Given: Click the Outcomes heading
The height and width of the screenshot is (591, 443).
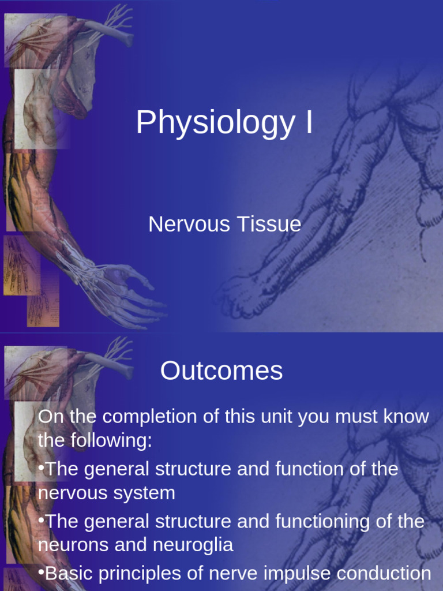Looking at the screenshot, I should coord(221,371).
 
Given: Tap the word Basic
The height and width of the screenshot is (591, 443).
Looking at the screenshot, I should coord(67,574).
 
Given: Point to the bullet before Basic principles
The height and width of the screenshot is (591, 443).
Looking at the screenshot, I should coord(41,573).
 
